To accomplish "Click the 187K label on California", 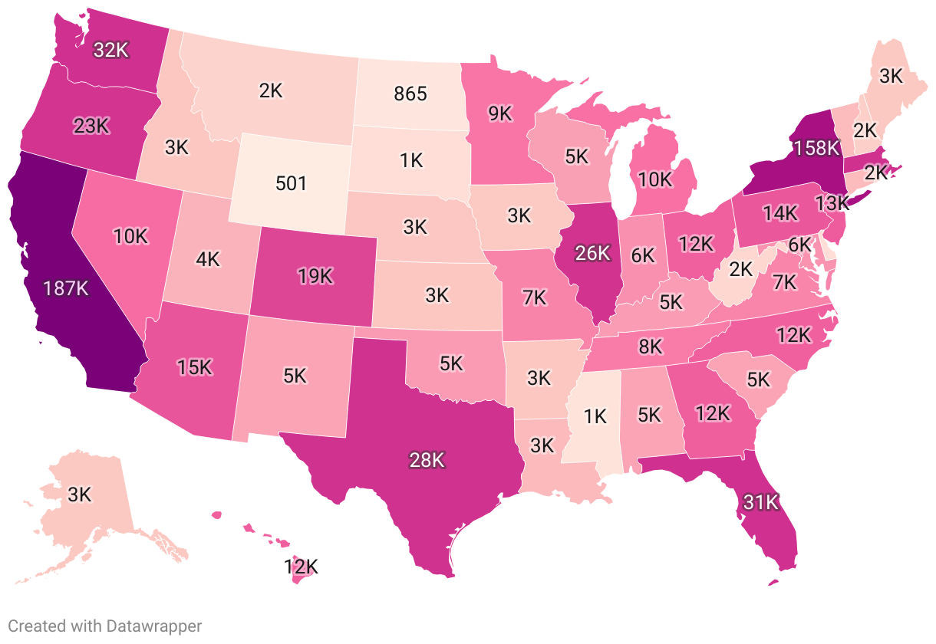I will pyautogui.click(x=67, y=288).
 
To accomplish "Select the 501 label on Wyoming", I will pyautogui.click(x=291, y=183).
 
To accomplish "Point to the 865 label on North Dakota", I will pyautogui.click(x=410, y=94).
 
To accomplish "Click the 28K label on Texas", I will pyautogui.click(x=427, y=460).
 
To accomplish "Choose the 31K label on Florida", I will pyautogui.click(x=760, y=503).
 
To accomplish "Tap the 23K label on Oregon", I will pyautogui.click(x=91, y=126).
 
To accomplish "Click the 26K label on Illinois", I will pyautogui.click(x=592, y=251).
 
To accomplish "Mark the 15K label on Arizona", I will pyautogui.click(x=193, y=367).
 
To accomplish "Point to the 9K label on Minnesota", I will pyautogui.click(x=499, y=113).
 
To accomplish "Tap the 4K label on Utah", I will pyautogui.click(x=207, y=259).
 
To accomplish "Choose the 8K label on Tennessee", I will pyautogui.click(x=650, y=347).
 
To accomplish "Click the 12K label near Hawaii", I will pyautogui.click(x=300, y=567).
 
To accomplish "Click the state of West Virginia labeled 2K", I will pyautogui.click(x=741, y=270).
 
